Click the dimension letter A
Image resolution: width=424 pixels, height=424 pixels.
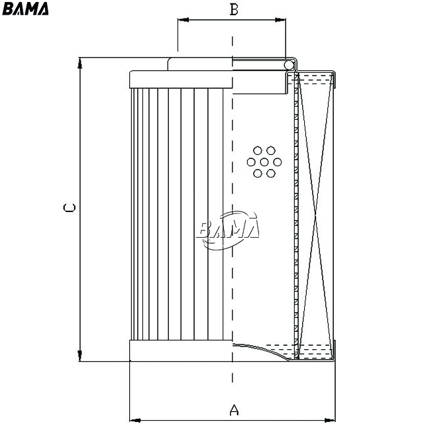tap(234, 409)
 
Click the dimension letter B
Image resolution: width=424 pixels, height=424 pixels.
tap(234, 9)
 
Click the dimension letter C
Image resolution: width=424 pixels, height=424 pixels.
tap(69, 207)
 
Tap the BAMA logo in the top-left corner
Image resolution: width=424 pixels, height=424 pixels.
tap(25, 9)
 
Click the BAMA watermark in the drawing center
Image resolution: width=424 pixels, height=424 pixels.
tap(229, 230)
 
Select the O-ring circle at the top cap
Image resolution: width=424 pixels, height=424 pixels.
tap(289, 65)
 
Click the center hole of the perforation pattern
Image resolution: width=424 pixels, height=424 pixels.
tap(264, 162)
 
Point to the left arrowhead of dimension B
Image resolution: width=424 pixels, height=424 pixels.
tap(184, 20)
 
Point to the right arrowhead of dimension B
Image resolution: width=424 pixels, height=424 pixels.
tap(280, 20)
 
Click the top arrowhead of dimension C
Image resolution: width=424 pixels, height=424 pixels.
tap(79, 63)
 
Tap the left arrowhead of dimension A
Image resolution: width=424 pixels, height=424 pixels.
tap(135, 420)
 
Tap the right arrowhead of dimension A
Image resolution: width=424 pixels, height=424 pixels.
tap(330, 420)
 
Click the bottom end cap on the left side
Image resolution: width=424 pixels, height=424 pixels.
tap(181, 350)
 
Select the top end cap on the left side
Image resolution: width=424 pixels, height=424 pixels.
tap(181, 79)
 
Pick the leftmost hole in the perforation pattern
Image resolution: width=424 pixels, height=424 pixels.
tap(251, 162)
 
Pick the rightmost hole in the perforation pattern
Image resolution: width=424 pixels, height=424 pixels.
tap(278, 162)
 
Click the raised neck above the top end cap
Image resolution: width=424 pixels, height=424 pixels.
tap(200, 64)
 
